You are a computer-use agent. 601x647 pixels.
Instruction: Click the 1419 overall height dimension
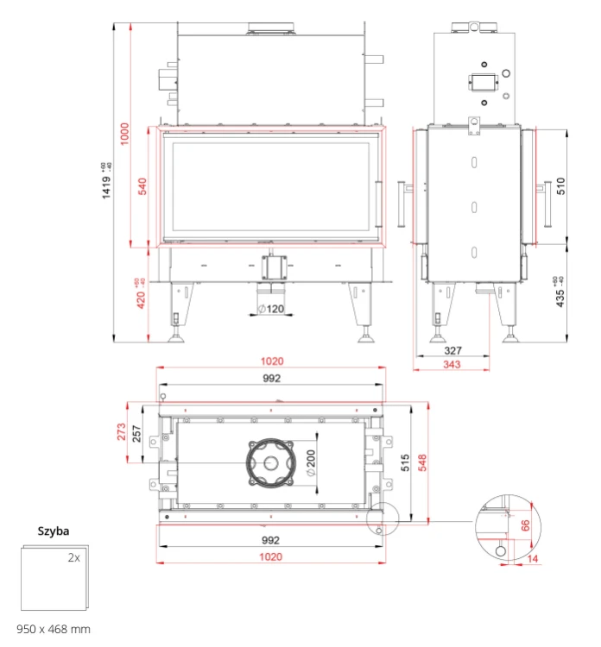pyautogui.click(x=106, y=188)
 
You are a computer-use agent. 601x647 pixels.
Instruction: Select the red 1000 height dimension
pyautogui.click(x=124, y=134)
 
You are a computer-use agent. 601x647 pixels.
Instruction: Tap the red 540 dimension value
pyautogui.click(x=142, y=186)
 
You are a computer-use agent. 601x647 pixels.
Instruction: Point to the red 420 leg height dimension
pyautogui.click(x=141, y=299)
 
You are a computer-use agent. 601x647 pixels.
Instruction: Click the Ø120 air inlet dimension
pyautogui.click(x=271, y=309)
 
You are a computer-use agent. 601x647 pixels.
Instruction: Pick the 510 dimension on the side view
pyautogui.click(x=560, y=186)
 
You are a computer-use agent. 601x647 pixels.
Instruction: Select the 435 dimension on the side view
pyautogui.click(x=560, y=298)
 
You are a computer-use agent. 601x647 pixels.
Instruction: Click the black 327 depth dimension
pyautogui.click(x=452, y=351)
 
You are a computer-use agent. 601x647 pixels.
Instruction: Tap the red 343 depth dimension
pyautogui.click(x=452, y=364)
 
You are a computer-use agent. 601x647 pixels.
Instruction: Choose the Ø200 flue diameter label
pyautogui.click(x=311, y=462)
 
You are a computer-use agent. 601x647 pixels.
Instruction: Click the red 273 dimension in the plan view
pyautogui.click(x=122, y=431)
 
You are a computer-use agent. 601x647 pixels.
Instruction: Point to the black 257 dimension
pyautogui.click(x=136, y=434)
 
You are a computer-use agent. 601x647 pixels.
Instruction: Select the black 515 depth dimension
pyautogui.click(x=405, y=462)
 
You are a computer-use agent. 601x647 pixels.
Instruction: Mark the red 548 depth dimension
pyautogui.click(x=422, y=462)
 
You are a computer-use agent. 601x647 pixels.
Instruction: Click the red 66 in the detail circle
pyautogui.click(x=525, y=525)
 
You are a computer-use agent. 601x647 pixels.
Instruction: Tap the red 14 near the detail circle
pyautogui.click(x=533, y=559)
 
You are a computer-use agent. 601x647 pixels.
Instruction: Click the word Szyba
pyautogui.click(x=54, y=531)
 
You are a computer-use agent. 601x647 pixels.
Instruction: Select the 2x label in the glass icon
pyautogui.click(x=74, y=557)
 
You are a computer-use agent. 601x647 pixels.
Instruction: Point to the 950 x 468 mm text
pyautogui.click(x=54, y=629)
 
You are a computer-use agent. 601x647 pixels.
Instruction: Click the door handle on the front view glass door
pyautogui.click(x=378, y=204)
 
